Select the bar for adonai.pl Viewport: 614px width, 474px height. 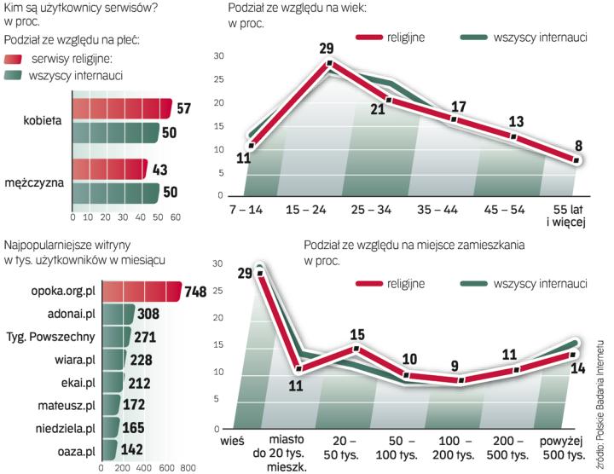(118, 315)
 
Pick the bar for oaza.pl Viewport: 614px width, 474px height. (108, 449)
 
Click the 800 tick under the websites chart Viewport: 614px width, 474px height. (188, 468)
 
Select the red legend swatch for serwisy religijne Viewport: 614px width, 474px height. (14, 59)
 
